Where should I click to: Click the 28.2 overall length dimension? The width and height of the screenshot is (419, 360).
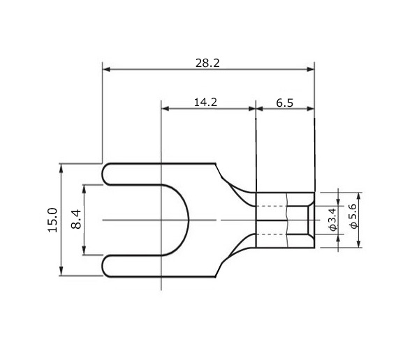tap(207, 63)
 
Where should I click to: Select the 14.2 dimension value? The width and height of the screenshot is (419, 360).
tap(205, 103)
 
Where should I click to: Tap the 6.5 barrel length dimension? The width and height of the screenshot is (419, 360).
tap(285, 103)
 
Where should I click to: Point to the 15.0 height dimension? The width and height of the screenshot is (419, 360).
tap(52, 220)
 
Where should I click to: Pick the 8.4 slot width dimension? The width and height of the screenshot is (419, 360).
tap(76, 219)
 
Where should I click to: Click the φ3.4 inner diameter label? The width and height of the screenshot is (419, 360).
tap(332, 219)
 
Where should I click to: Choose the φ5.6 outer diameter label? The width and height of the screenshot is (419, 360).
tap(354, 216)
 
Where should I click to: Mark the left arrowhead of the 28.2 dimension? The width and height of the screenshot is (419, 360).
tap(107, 70)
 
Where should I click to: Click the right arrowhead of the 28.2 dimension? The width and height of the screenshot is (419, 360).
tap(311, 70)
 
